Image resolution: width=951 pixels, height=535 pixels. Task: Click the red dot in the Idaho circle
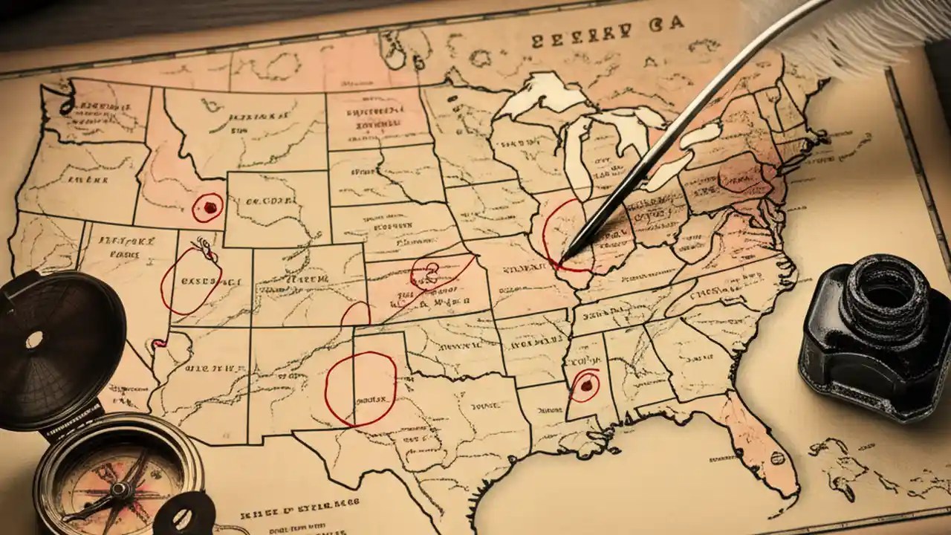210,207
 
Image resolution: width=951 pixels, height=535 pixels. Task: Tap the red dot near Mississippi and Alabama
587,385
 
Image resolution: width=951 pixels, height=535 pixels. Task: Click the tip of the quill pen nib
563,259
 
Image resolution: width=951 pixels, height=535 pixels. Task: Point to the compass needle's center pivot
118,489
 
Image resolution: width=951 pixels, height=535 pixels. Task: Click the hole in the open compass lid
34,340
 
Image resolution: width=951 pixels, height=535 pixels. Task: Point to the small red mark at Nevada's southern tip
158,343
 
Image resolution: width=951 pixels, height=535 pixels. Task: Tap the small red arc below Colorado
355,314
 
